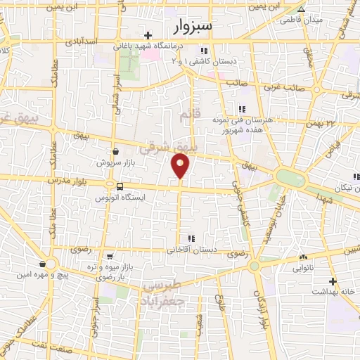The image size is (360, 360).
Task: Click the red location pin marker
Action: tap(181, 165)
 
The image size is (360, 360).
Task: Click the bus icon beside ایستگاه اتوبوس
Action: tap(120, 187)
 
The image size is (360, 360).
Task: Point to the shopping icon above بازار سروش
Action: tap(115, 150)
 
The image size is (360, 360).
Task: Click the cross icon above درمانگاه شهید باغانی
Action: tap(148, 36)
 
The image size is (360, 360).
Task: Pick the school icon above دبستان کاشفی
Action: tap(204, 51)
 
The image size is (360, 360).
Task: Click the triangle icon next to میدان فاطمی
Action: tap(302, 10)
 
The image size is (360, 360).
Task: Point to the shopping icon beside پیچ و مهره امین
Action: tap(44, 264)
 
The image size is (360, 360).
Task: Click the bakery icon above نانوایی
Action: tap(303, 257)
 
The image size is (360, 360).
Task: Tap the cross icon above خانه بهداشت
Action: tap(333, 281)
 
